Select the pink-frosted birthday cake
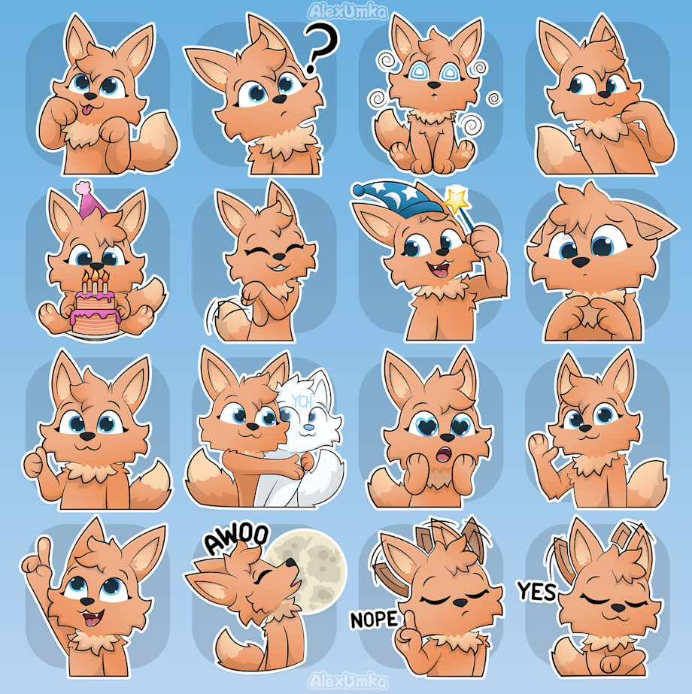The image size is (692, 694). click(96, 308)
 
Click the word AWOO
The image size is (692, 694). click(236, 538)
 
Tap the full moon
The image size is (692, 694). click(312, 571)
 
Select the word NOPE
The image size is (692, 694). click(374, 620)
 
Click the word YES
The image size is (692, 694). click(537, 591)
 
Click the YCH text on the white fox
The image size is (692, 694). click(302, 402)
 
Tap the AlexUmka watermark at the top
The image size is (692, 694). click(348, 11)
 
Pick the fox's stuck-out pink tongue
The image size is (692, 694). click(88, 109)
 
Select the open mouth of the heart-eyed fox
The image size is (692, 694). click(444, 454)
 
